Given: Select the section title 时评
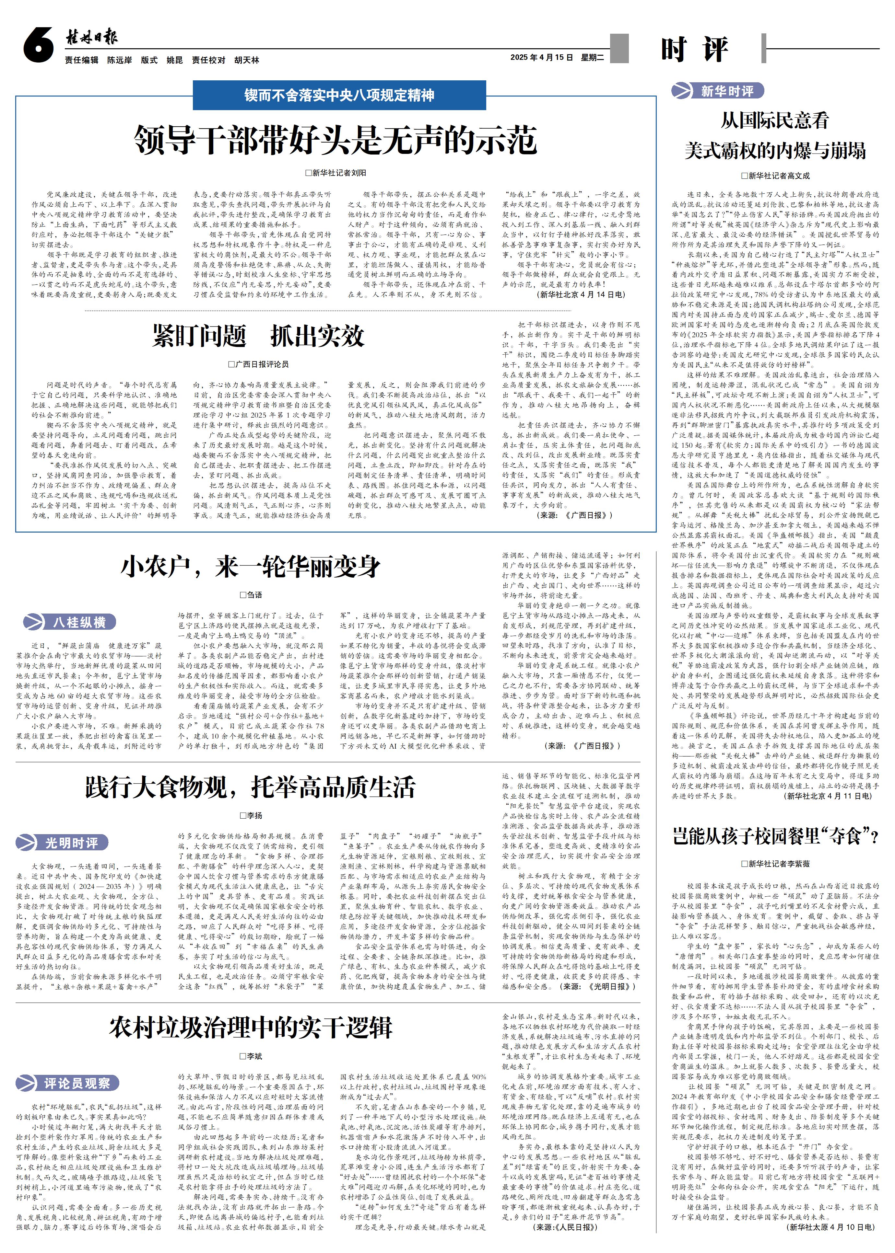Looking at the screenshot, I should tap(694, 50).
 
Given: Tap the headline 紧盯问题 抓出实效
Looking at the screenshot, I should tap(258, 336).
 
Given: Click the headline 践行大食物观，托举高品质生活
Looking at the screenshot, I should tap(250, 787).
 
